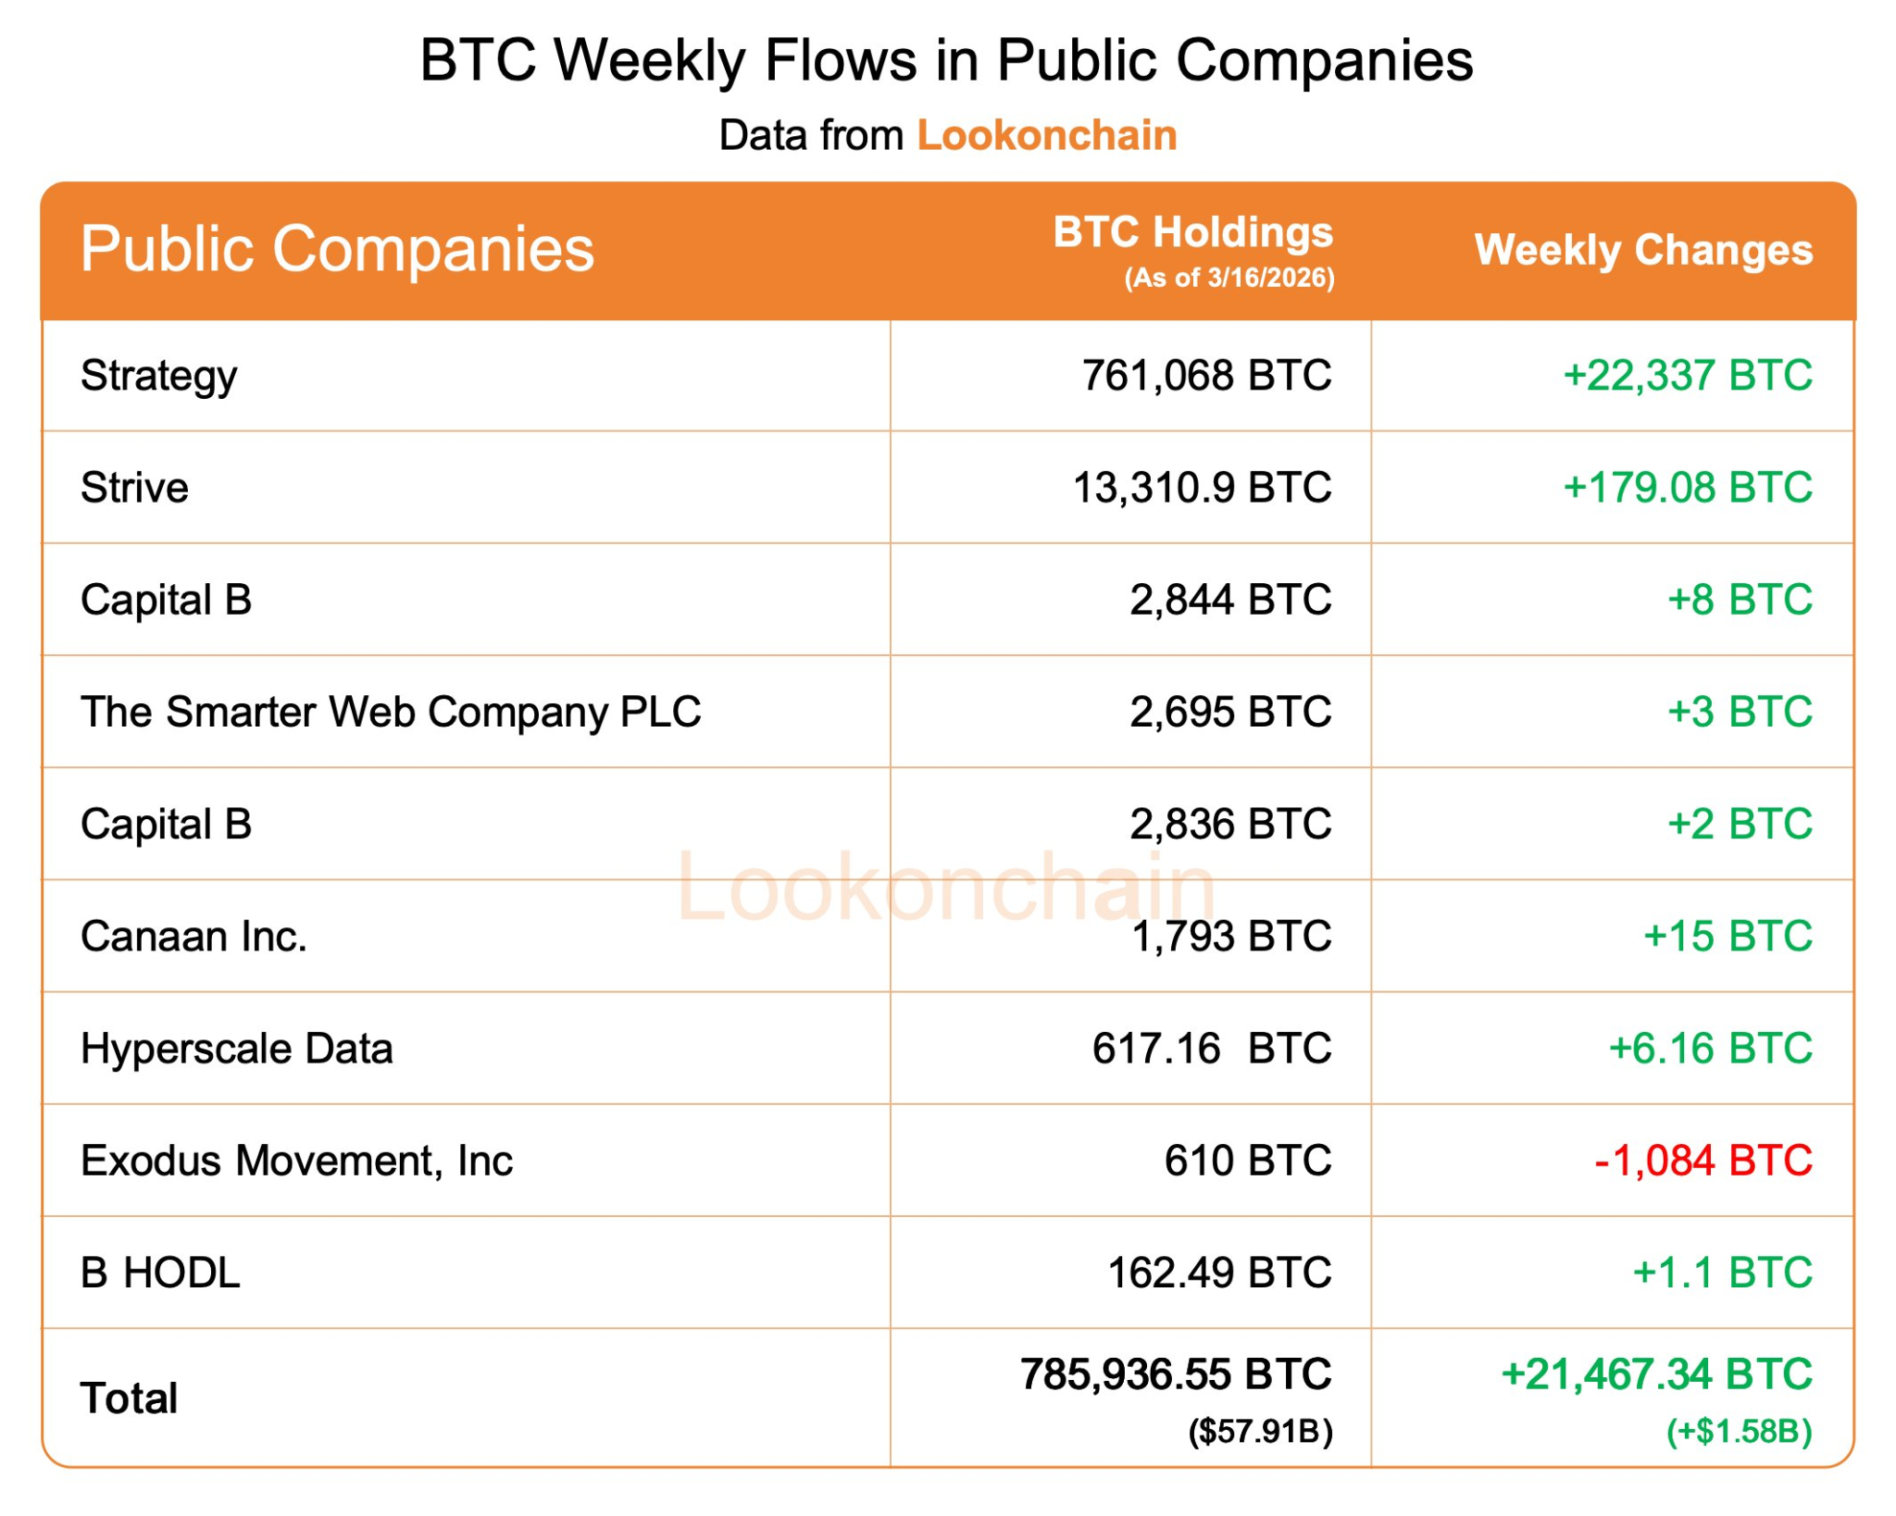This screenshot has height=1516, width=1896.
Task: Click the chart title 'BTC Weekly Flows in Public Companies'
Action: tap(945, 61)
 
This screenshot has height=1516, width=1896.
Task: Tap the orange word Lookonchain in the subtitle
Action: tap(1046, 136)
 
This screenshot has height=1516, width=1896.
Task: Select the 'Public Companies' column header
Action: tap(337, 249)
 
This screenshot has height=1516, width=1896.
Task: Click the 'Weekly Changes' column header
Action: tap(1642, 250)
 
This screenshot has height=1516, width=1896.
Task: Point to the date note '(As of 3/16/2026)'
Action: tap(1229, 278)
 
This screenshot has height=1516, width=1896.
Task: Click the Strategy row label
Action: tap(158, 377)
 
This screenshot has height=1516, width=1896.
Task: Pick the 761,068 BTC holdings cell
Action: tap(1206, 376)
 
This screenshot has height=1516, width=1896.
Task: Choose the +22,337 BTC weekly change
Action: tap(1687, 376)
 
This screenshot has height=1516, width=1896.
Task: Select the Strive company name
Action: tap(134, 488)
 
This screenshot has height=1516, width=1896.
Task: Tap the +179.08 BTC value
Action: tap(1687, 488)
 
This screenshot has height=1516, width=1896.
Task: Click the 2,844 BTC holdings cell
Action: tap(1229, 600)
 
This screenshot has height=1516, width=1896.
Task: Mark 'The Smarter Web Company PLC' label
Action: tap(391, 713)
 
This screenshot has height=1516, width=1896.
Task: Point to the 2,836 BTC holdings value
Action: tap(1229, 824)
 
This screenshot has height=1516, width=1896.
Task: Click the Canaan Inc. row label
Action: tap(193, 937)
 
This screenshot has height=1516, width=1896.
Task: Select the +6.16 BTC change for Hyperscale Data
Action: tap(1710, 1049)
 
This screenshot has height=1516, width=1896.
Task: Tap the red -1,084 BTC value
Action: tap(1703, 1161)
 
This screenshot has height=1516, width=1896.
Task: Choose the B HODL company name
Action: tap(160, 1273)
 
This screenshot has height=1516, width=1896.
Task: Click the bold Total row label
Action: tap(129, 1398)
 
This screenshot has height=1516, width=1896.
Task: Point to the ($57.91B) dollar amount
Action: tap(1260, 1432)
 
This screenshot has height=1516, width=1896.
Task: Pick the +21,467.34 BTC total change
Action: tap(1656, 1374)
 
